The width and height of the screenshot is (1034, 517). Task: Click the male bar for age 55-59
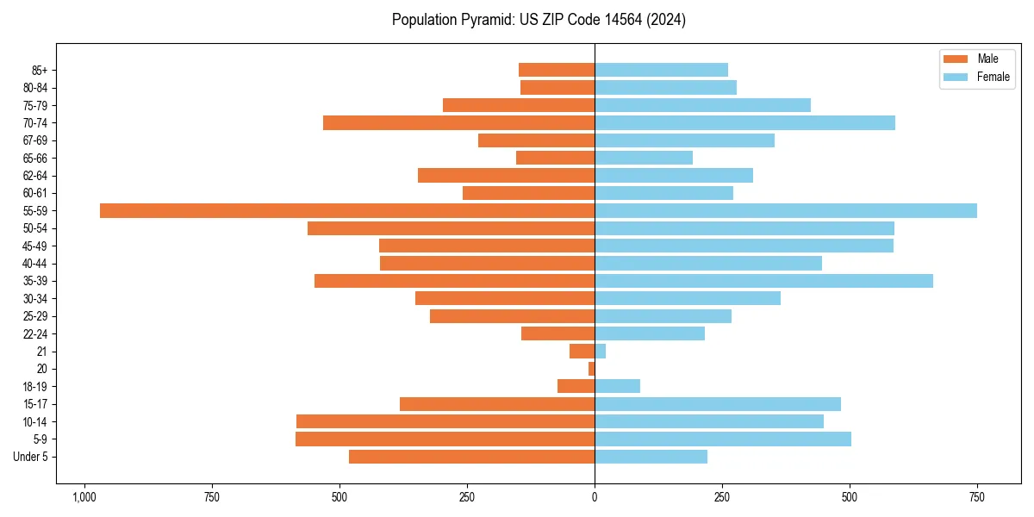coord(347,210)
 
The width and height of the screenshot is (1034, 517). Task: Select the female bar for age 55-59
coord(786,210)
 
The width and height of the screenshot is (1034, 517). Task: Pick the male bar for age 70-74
coord(458,122)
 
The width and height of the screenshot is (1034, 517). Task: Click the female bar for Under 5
coord(651,457)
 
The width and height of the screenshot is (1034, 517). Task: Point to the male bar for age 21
coord(582,351)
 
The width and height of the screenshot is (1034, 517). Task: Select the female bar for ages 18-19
coord(617,386)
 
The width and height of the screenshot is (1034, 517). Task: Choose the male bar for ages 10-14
coord(445,421)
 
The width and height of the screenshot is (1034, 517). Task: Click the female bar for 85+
coord(661,70)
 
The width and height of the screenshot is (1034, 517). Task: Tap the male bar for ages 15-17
coord(497,404)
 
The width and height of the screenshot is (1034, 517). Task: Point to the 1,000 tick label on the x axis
coord(84,497)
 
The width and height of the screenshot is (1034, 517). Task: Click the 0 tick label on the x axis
coord(595,497)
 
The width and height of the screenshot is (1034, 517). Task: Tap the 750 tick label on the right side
coord(977,497)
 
